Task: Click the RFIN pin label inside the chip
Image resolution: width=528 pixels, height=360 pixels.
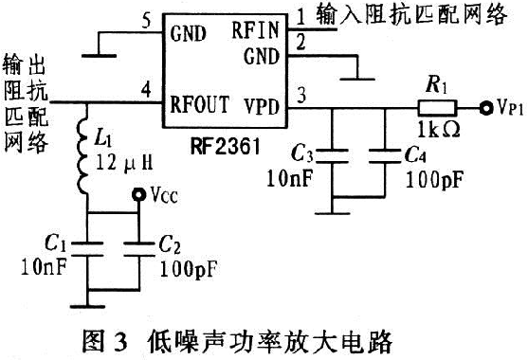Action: pyautogui.click(x=255, y=29)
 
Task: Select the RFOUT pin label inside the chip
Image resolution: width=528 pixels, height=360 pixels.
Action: pyautogui.click(x=199, y=103)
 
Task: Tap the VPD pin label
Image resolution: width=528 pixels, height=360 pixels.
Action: pyautogui.click(x=262, y=106)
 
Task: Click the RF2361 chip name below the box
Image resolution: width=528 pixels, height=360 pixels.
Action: pyautogui.click(x=226, y=146)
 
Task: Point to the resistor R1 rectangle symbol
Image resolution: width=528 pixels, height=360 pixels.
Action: pyautogui.click(x=437, y=108)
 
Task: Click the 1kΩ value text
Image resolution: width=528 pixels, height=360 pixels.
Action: pyautogui.click(x=439, y=129)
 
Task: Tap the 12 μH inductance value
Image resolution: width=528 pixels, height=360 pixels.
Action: pyautogui.click(x=124, y=163)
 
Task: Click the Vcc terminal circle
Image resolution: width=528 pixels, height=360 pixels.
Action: pyautogui.click(x=138, y=194)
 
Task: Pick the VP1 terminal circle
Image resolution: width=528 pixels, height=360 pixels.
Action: pyautogui.click(x=486, y=108)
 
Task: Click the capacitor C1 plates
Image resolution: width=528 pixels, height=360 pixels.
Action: pyautogui.click(x=87, y=248)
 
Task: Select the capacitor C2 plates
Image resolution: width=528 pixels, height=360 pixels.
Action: pyautogui.click(x=138, y=248)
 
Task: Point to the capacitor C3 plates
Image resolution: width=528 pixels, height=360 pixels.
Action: pyautogui.click(x=332, y=155)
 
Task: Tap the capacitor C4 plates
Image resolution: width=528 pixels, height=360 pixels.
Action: pyautogui.click(x=385, y=155)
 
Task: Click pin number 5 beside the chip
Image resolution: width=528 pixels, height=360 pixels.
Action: pyautogui.click(x=146, y=22)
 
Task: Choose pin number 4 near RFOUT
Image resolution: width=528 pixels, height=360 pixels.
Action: pyautogui.click(x=146, y=89)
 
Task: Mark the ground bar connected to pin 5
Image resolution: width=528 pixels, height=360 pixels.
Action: pyautogui.click(x=100, y=56)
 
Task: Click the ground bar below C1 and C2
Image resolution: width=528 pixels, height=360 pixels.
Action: pyautogui.click(x=87, y=306)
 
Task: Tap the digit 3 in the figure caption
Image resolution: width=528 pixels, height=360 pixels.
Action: pyautogui.click(x=119, y=342)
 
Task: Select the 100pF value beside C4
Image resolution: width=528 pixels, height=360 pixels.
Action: pyautogui.click(x=434, y=180)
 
